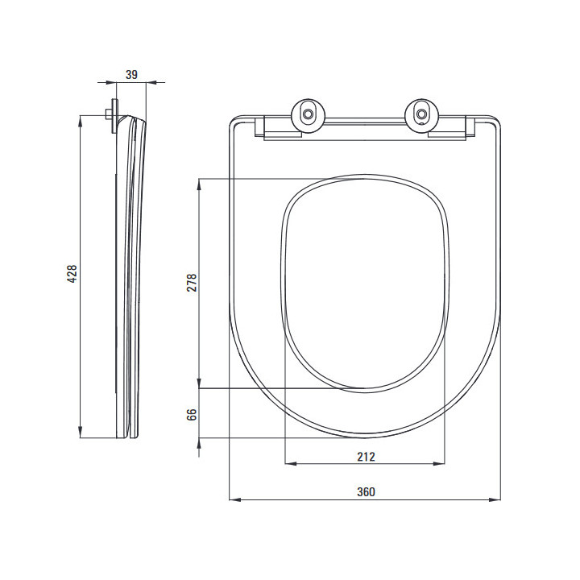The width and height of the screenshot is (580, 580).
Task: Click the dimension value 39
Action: pos(131,75)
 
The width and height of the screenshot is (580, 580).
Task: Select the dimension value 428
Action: pos(72,274)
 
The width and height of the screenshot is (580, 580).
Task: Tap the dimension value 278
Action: pos(192,283)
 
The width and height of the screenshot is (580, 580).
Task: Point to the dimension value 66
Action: pos(191,415)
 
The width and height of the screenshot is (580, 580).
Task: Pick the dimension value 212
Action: pos(366,457)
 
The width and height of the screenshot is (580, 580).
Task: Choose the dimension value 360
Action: pos(366,492)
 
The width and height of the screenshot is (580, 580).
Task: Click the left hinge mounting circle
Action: pos(308,114)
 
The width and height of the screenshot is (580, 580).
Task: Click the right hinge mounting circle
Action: pos(421,114)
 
